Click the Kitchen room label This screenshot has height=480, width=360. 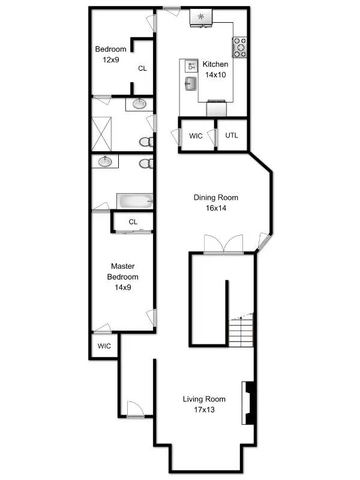(215, 65)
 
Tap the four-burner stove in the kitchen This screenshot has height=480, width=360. (241, 47)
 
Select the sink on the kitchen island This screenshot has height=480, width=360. (191, 83)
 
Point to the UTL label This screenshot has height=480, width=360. (232, 135)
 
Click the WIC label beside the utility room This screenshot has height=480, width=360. (196, 136)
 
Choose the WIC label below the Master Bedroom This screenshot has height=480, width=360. (104, 346)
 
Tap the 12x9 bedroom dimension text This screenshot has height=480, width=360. (111, 59)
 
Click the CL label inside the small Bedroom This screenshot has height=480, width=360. (142, 68)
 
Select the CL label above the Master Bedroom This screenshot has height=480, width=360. (133, 222)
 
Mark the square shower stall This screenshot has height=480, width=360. (103, 134)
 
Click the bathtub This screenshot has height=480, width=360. (135, 200)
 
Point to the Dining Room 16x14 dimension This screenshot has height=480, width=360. (215, 208)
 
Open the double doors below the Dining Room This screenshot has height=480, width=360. (223, 245)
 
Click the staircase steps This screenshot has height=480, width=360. (241, 331)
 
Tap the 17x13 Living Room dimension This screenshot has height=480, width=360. (204, 410)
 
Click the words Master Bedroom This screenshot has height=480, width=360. (122, 271)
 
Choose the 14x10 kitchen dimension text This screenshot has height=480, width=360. (215, 75)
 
